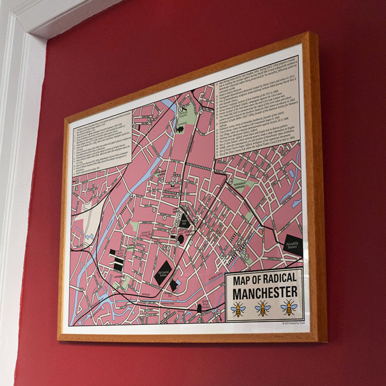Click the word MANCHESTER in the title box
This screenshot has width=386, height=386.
click(x=265, y=291)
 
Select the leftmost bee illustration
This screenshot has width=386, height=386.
click(x=238, y=309)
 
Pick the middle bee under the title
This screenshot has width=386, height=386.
click(x=263, y=308)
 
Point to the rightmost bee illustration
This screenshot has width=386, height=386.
click(x=289, y=307)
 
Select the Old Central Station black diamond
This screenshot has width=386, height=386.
click(x=163, y=273)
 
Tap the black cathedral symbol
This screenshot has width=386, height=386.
click(x=180, y=129)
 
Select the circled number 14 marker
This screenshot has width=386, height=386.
click(x=231, y=182)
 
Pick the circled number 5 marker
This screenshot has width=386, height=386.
click(x=201, y=111)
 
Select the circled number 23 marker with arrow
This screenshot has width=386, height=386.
click(x=219, y=312)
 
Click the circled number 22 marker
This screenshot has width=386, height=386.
click(x=196, y=221)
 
